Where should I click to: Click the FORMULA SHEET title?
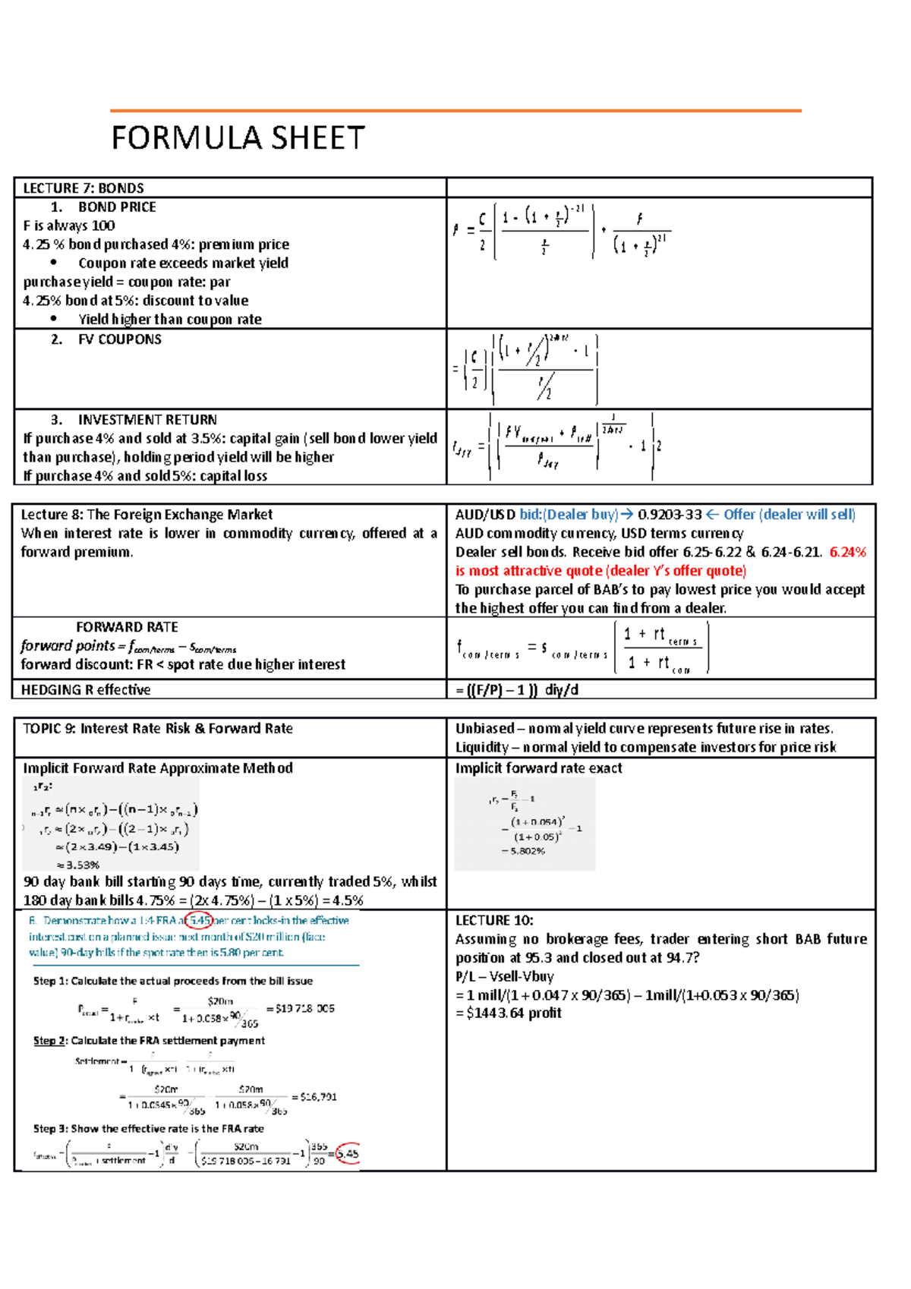[x=238, y=138]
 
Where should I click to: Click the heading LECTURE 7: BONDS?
[x=84, y=188]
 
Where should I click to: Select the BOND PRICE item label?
[x=117, y=207]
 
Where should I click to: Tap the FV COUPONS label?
[x=119, y=339]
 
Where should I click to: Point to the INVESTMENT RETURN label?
[x=147, y=420]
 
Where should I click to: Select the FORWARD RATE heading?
[x=127, y=627]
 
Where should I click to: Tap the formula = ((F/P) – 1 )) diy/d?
[x=516, y=690]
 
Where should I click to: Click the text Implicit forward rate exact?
[x=538, y=768]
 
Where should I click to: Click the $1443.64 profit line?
[x=509, y=1013]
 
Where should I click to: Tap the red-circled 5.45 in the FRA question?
[x=200, y=921]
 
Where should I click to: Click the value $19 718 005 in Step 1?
[x=304, y=1009]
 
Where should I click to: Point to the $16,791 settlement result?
[x=318, y=1097]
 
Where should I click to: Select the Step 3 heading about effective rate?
[x=148, y=1129]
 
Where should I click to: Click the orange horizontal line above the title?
[x=455, y=111]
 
